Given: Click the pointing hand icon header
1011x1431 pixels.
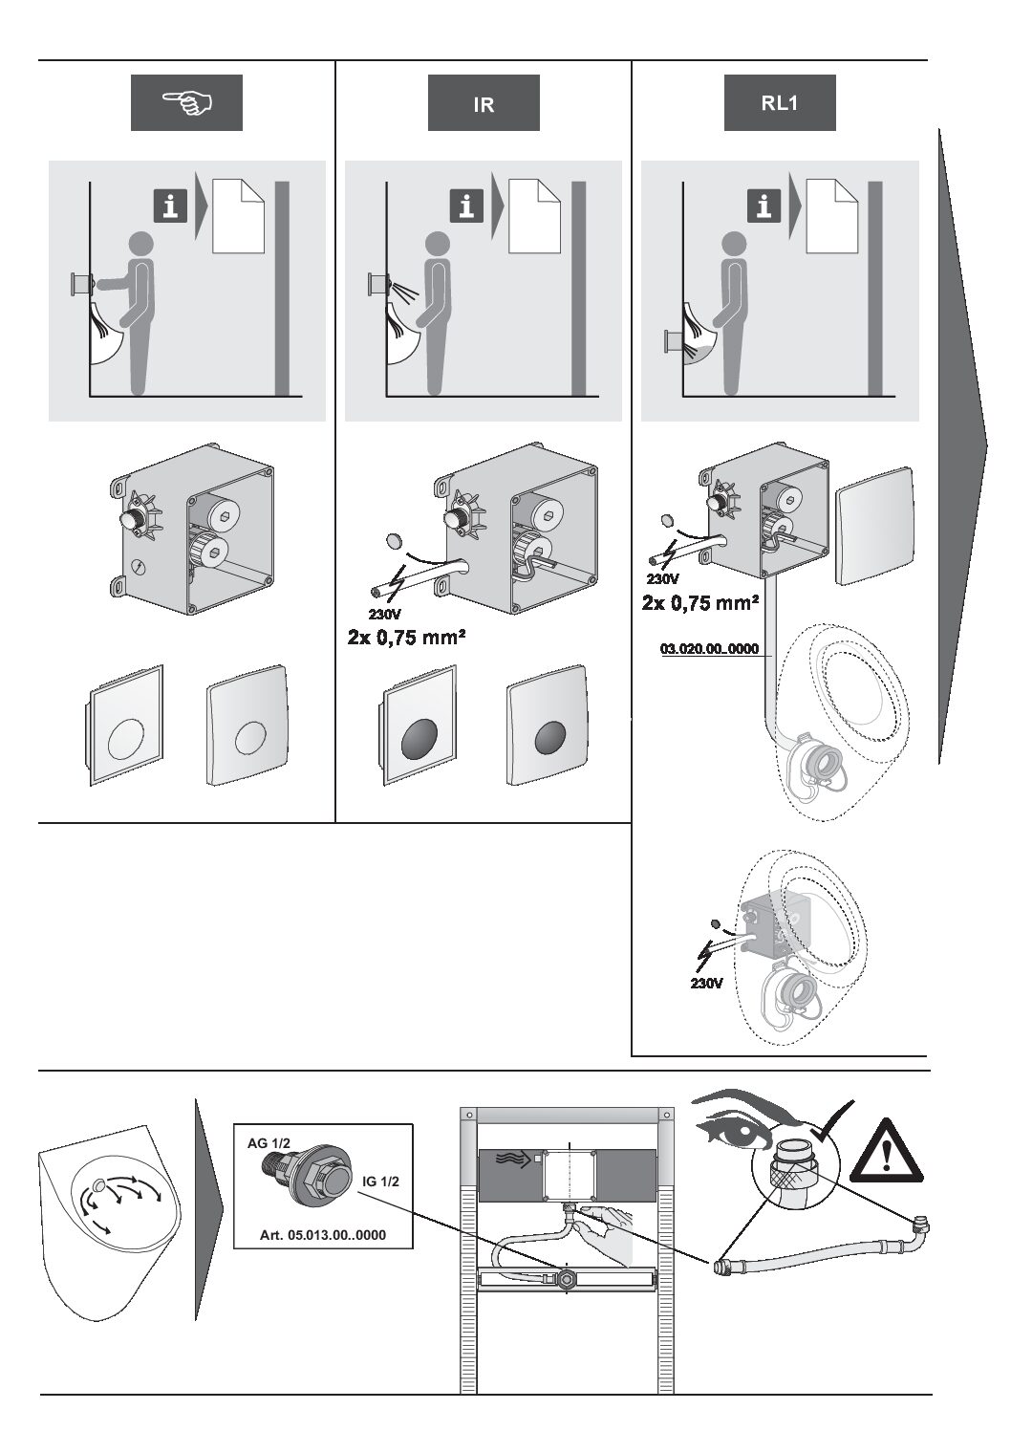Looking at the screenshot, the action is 186,103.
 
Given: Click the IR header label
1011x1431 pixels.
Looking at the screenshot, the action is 484,103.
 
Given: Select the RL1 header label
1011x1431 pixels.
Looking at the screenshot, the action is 780,103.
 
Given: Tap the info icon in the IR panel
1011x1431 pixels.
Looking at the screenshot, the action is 467,206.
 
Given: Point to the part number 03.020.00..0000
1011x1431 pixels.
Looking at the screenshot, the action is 710,649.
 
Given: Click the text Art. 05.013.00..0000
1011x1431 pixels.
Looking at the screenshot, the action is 323,1235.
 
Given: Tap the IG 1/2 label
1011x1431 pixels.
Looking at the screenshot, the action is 380,1182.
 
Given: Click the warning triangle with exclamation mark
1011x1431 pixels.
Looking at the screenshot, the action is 887,1152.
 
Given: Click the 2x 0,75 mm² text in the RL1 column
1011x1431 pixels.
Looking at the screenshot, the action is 700,602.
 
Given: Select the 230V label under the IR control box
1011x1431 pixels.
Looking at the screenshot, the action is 385,614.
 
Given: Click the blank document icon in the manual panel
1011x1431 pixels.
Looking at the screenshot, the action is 238,216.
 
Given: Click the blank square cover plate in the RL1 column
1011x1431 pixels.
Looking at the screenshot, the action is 874,526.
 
